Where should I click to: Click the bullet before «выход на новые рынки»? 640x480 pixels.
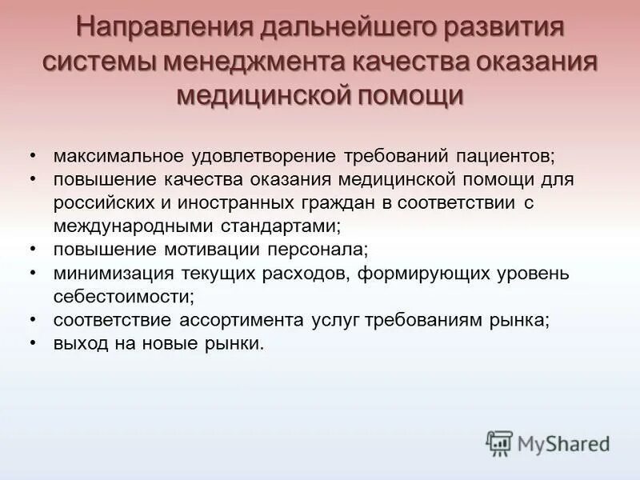point(32,343)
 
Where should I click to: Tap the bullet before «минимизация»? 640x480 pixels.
point(32,273)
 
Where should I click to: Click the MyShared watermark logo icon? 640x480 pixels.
point(499,443)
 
